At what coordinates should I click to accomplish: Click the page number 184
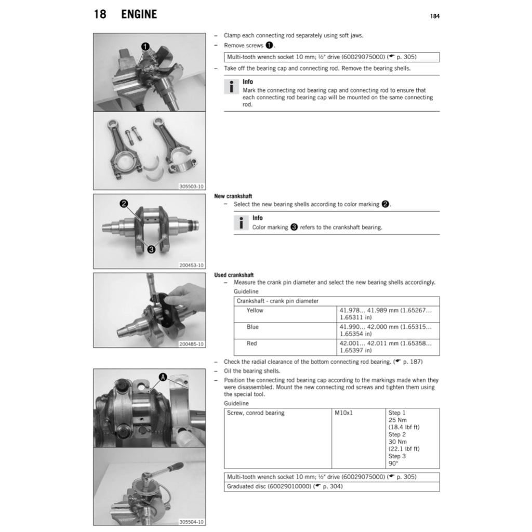point(435,16)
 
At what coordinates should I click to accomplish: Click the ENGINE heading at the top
point(139,15)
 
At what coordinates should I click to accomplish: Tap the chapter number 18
point(100,15)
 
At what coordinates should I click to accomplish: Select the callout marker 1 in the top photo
point(147,46)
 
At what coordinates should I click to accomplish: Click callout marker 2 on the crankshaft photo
point(124,204)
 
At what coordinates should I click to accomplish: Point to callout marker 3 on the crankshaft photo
point(152,249)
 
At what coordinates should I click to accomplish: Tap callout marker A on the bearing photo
point(163,378)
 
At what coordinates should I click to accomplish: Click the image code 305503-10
point(192,185)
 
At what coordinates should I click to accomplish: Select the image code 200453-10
point(192,264)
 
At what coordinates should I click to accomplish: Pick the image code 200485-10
point(192,343)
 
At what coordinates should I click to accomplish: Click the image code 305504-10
point(192,522)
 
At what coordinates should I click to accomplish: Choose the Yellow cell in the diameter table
point(255,311)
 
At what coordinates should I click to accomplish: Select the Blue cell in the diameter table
point(252,327)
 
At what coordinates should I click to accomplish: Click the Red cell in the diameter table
point(252,343)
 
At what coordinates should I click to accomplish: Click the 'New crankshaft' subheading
point(233,196)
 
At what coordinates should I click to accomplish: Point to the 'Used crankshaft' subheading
point(234,275)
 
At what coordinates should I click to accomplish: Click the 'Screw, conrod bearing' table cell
point(256,413)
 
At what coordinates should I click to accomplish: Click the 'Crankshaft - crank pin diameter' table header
point(277,301)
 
